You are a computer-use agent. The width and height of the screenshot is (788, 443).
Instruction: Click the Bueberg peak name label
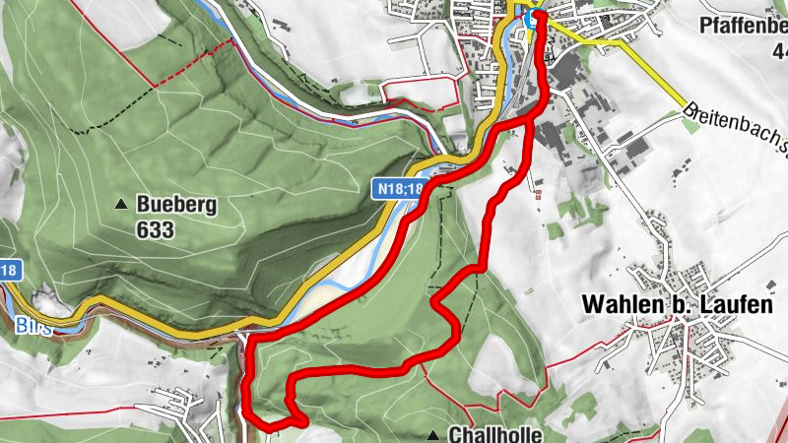point(176,206)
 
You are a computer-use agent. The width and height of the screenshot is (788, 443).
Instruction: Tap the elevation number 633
point(156,230)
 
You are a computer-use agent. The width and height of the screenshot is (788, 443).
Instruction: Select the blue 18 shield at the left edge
point(9,270)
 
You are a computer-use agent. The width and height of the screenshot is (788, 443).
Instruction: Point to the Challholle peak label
point(495,434)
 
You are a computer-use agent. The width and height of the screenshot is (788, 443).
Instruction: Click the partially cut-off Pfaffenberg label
point(744,25)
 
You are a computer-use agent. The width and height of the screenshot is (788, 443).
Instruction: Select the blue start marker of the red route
point(533,18)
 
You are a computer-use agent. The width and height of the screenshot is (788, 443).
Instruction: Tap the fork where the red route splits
point(533,116)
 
